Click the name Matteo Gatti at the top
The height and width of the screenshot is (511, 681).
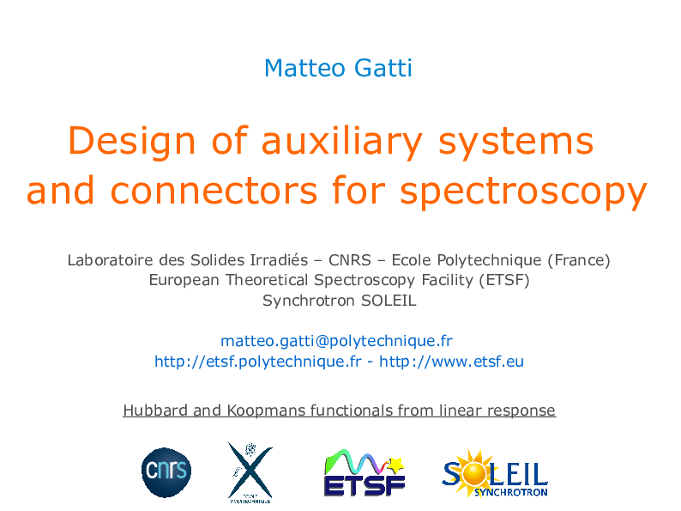(x=338, y=68)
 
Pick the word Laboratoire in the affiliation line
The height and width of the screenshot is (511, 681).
(x=110, y=259)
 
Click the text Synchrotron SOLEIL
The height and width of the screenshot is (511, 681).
(x=339, y=301)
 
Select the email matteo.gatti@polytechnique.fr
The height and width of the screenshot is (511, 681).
(x=336, y=341)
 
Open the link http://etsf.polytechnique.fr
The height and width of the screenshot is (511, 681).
(x=257, y=362)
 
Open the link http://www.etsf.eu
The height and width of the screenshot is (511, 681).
(x=451, y=362)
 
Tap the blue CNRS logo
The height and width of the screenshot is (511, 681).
(x=166, y=472)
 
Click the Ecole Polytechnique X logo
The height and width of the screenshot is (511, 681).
(x=250, y=471)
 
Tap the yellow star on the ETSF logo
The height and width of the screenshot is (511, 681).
(x=396, y=465)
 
